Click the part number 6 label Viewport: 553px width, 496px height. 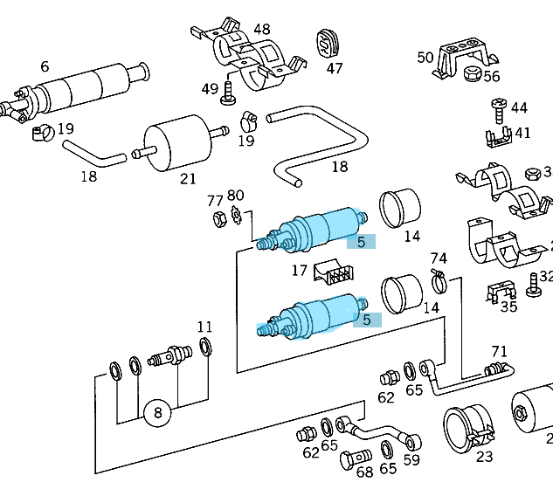44,66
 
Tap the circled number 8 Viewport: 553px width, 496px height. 158,414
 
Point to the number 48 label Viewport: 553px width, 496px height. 261,29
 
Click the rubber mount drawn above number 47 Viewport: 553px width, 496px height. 328,43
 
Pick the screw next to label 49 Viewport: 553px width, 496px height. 230,92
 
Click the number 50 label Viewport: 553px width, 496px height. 425,58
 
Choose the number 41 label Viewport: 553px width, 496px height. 522,134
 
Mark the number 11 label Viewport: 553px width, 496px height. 204,327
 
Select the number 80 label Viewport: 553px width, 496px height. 236,195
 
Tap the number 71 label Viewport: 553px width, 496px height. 499,351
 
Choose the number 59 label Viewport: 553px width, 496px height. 411,459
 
